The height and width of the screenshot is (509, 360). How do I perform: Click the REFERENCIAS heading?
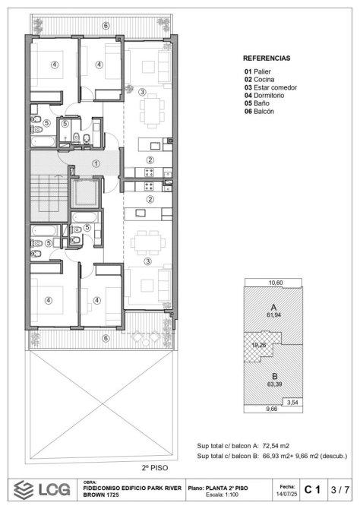pyautogui.click(x=267, y=58)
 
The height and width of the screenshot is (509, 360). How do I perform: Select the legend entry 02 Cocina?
pyautogui.click(x=260, y=80)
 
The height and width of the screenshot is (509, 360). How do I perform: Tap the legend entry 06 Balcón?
pyautogui.click(x=260, y=112)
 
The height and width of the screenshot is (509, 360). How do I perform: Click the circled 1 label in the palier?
pyautogui.click(x=96, y=164)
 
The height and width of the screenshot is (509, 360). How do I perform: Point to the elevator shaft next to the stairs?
pyautogui.click(x=85, y=193)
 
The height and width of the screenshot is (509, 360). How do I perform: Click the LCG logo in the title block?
pyautogui.click(x=43, y=489)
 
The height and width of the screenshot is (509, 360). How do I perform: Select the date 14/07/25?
pyautogui.click(x=286, y=494)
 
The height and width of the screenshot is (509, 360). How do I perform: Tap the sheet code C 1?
pyautogui.click(x=312, y=489)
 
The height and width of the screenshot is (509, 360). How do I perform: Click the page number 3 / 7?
pyautogui.click(x=340, y=489)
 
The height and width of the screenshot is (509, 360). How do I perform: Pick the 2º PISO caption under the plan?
pyautogui.click(x=155, y=468)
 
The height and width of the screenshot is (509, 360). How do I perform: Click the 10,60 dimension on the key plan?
pyautogui.click(x=276, y=283)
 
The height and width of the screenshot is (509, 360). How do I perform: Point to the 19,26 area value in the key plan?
pyautogui.click(x=259, y=345)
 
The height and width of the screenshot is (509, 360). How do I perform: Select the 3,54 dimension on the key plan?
pyautogui.click(x=293, y=403)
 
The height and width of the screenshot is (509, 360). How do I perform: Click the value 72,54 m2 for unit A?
pyautogui.click(x=276, y=446)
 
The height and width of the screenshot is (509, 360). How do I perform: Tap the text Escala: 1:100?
pyautogui.click(x=222, y=495)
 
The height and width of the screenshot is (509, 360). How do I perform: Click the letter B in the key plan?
pyautogui.click(x=275, y=377)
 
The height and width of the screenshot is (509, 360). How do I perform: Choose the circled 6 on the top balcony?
pyautogui.click(x=106, y=26)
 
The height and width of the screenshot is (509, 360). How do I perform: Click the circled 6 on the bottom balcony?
pyautogui.click(x=106, y=338)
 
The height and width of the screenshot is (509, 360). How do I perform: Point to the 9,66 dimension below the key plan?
pyautogui.click(x=271, y=409)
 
